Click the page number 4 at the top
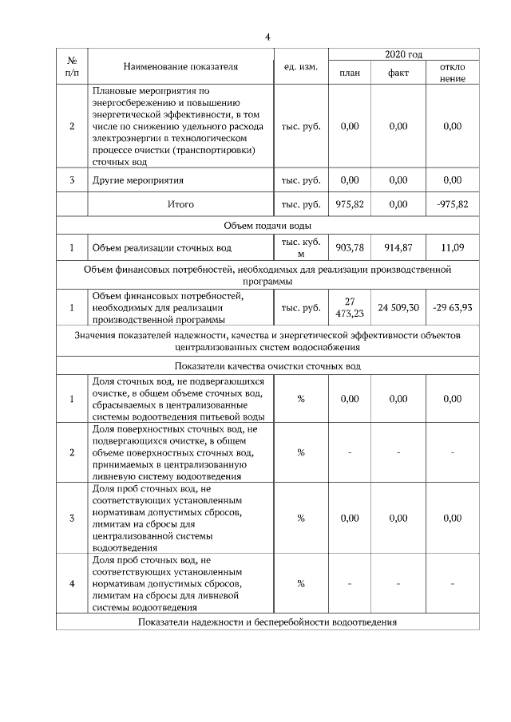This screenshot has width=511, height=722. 267,37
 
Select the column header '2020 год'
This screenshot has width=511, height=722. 403,54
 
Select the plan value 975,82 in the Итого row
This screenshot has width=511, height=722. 350,204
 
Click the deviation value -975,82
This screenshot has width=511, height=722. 452,204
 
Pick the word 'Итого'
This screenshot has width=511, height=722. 180,204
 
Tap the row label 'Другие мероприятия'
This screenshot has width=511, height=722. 139,180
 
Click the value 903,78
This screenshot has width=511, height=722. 350,248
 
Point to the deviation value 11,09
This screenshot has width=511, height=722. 452,248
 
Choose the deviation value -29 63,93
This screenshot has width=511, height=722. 452,307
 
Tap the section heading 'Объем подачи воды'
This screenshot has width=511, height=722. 267,227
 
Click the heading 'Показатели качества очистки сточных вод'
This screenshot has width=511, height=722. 267,366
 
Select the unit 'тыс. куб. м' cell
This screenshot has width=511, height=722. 300,248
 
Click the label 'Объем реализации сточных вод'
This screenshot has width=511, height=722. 160,248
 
